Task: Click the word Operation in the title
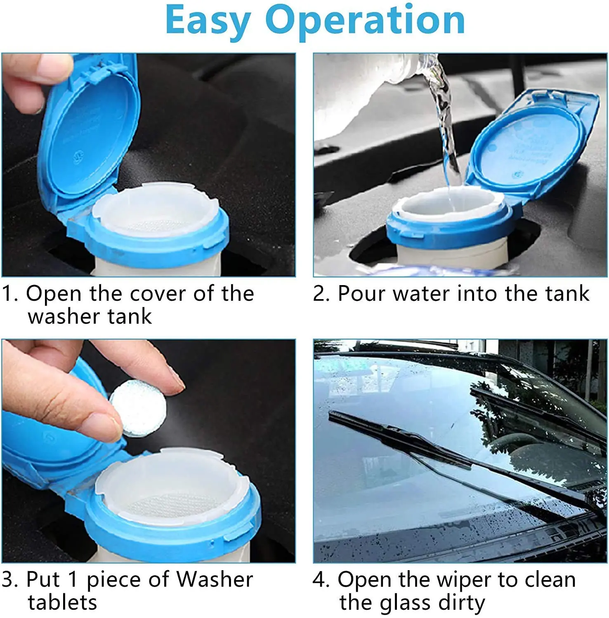point(365,21)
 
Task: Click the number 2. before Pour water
point(321,294)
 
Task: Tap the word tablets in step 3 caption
point(62,602)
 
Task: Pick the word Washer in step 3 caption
point(215,579)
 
